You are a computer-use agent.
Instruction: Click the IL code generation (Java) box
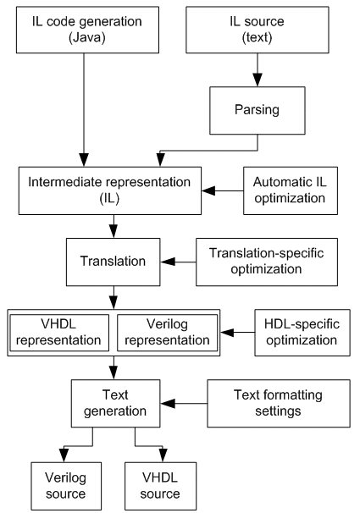tap(88, 30)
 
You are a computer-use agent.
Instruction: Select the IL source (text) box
tap(258, 30)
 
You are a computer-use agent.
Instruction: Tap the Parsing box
tap(258, 111)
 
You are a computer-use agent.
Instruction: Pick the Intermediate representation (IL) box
tap(110, 190)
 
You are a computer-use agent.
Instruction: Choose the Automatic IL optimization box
tap(291, 190)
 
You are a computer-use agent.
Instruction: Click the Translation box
tap(114, 262)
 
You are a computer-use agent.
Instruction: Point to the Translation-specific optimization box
tap(267, 262)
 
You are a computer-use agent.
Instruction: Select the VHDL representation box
tap(59, 333)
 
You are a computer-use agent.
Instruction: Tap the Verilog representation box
tap(167, 333)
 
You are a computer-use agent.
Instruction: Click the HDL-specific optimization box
tap(302, 333)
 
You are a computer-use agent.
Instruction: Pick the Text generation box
tap(115, 404)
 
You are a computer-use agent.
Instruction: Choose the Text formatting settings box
tap(279, 404)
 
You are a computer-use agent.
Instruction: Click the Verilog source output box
tap(66, 486)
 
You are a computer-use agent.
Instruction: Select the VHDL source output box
tap(161, 486)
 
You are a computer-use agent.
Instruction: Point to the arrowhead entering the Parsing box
tap(258, 80)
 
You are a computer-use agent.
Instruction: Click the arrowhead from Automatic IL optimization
tap(208, 190)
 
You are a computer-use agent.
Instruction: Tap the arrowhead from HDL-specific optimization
tap(227, 333)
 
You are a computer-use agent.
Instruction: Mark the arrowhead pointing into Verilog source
tap(64, 455)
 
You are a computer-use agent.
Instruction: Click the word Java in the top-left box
tap(87, 37)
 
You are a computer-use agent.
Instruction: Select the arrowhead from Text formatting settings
tap(167, 404)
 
